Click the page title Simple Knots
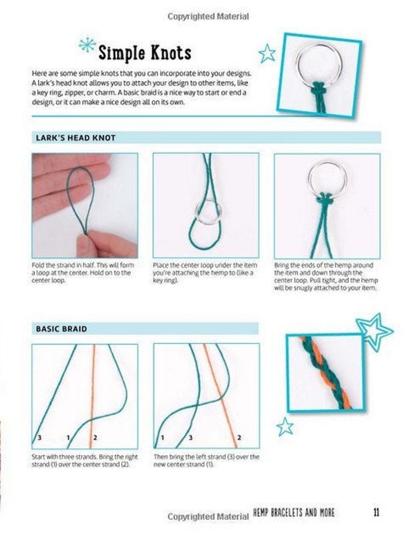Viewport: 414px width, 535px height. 144,53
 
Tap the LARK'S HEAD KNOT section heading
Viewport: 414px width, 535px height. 76,138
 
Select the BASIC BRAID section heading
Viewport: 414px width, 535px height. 61,329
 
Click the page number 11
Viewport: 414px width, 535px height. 376,512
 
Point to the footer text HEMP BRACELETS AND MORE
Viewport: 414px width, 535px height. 294,513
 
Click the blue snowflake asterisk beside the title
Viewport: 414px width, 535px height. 87,45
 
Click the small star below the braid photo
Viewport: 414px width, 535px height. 285,426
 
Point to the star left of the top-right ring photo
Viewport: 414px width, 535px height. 267,53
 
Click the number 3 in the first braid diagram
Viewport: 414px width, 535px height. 39,437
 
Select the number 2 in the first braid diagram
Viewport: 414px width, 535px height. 95,437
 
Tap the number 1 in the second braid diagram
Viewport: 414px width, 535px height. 162,437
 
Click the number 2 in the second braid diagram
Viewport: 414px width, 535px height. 239,437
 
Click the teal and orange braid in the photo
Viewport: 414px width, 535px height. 325,372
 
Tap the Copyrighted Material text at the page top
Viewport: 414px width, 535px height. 208,17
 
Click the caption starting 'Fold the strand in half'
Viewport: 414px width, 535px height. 83,272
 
